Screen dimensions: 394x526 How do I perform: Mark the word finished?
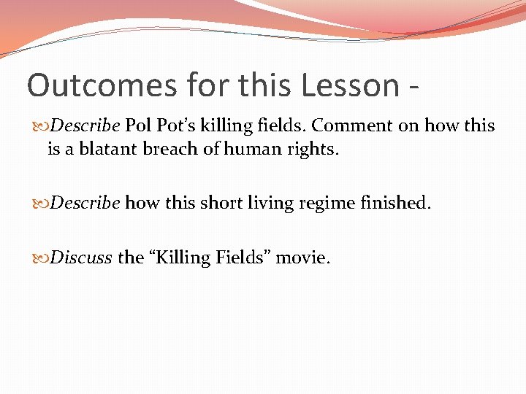coord(394,202)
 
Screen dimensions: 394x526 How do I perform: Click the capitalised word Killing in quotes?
coord(182,258)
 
